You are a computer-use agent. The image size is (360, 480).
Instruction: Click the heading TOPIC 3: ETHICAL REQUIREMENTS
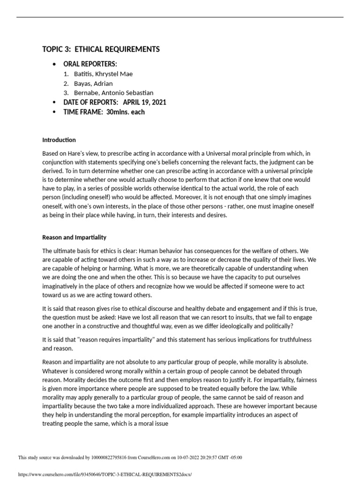click(101, 49)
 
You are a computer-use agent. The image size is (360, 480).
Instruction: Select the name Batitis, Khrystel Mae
click(103, 74)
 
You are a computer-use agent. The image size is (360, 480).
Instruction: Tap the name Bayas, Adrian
click(93, 83)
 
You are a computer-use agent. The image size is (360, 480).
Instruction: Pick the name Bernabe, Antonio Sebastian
click(113, 93)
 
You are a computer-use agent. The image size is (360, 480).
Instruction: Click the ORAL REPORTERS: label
click(90, 64)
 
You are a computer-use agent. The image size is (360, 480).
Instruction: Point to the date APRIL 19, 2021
click(144, 102)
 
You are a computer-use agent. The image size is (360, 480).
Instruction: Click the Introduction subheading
click(59, 140)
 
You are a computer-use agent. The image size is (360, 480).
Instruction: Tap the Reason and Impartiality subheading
click(74, 237)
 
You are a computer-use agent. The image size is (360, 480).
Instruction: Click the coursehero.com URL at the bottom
click(105, 474)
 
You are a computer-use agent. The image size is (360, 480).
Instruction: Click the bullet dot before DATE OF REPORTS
click(55, 103)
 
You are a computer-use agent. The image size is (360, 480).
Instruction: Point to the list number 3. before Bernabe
click(66, 93)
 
